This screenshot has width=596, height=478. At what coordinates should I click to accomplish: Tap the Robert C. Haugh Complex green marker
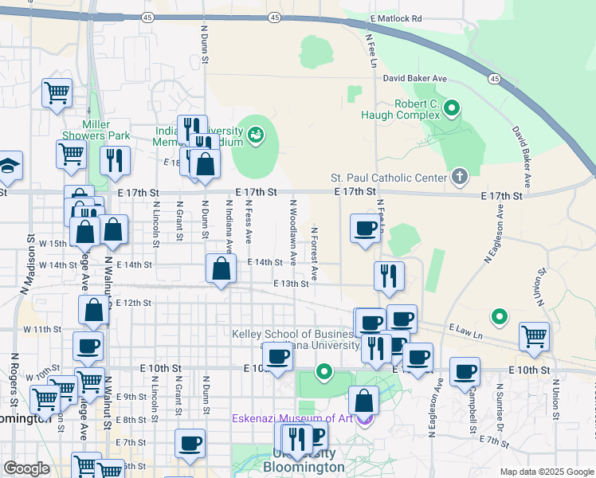[x=452, y=107]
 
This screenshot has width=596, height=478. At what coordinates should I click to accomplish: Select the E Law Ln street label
[x=466, y=328]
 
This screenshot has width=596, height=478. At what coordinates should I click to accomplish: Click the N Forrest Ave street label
[x=315, y=253]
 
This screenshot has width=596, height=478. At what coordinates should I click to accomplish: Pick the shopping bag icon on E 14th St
[x=221, y=268]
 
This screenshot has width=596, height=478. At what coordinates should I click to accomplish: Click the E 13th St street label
[x=290, y=284]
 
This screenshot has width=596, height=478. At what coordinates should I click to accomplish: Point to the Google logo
[x=26, y=468]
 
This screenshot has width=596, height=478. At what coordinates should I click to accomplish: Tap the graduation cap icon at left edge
[x=8, y=165]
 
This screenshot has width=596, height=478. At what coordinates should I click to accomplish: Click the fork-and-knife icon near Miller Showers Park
[x=115, y=160]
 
